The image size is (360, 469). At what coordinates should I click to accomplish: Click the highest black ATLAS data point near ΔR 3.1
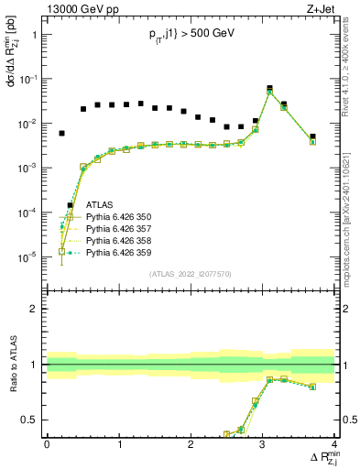(x=269, y=89)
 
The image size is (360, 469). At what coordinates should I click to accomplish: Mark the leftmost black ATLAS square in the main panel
(x=61, y=133)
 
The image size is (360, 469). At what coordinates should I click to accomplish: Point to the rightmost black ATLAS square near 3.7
(x=312, y=136)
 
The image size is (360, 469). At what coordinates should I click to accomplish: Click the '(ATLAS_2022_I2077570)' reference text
(x=191, y=274)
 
